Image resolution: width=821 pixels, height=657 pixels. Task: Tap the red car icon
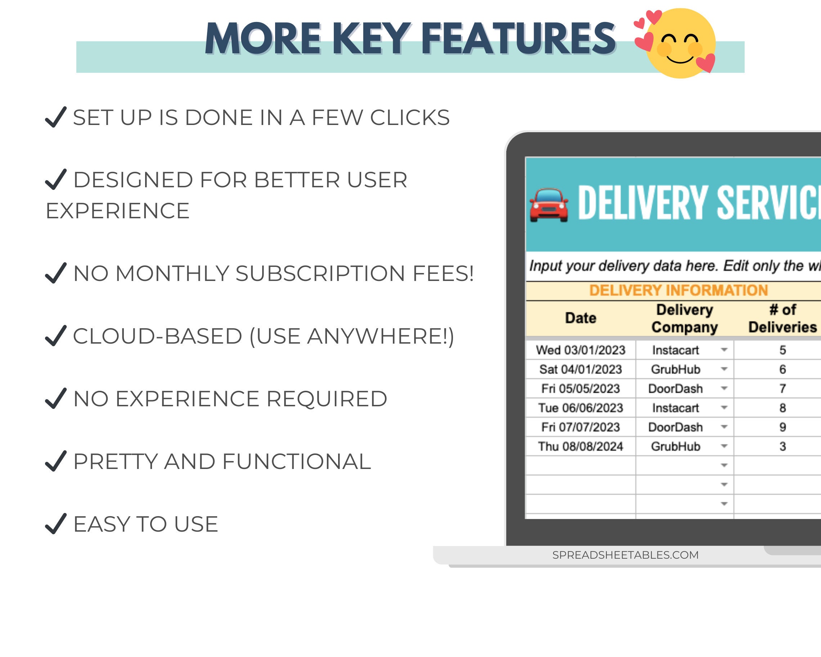point(549,205)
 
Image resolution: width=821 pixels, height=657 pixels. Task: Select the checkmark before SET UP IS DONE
point(55,117)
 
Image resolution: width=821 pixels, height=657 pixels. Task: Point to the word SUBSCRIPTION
point(320,273)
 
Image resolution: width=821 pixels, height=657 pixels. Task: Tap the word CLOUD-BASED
point(158,336)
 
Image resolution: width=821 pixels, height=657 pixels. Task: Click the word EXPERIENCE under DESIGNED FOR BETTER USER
point(118,211)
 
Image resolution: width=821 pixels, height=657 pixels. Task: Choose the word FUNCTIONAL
point(296,462)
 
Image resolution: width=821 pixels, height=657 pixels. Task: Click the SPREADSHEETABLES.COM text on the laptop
point(625,555)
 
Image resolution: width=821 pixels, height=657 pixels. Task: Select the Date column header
point(580,318)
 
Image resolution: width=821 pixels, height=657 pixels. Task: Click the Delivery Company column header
point(684,318)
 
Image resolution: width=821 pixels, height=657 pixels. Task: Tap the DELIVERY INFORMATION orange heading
point(678,290)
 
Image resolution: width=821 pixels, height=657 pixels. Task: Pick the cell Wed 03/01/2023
point(580,350)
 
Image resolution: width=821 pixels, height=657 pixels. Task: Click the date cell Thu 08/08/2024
point(580,446)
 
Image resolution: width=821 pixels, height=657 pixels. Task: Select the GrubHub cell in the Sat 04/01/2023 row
point(676,370)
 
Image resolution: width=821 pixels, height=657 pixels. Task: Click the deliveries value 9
point(782,427)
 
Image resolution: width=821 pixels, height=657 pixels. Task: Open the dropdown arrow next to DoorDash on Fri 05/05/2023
point(724,389)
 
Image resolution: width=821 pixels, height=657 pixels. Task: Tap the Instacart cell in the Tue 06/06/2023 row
point(676,408)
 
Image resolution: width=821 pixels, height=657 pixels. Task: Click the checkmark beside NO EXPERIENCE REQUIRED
point(55,398)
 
